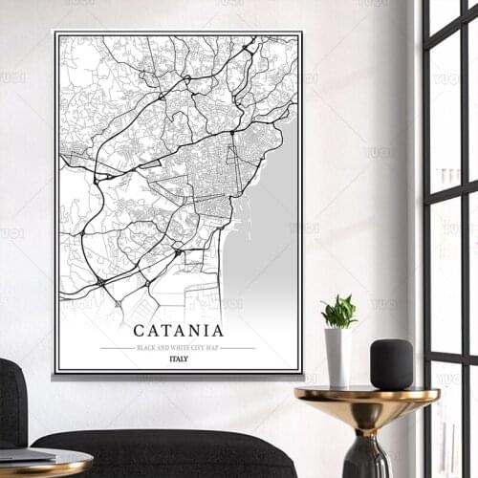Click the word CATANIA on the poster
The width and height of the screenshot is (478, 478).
(x=178, y=331)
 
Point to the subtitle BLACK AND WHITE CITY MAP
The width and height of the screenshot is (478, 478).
(x=178, y=348)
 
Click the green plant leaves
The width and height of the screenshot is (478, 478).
(x=339, y=312)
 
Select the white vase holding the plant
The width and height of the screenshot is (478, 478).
(x=337, y=356)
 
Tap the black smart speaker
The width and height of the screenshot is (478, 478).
(x=391, y=364)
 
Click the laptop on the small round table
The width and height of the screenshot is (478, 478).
(x=24, y=455)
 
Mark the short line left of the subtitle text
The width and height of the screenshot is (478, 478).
(x=117, y=348)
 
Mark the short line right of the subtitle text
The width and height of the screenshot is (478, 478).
(x=238, y=348)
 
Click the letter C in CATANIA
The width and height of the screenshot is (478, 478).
(x=140, y=331)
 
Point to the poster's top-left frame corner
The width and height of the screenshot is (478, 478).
(x=55, y=33)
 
